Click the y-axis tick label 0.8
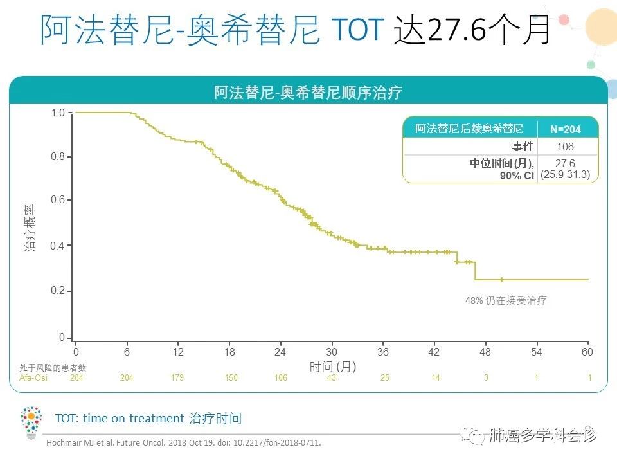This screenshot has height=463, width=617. point(58,157)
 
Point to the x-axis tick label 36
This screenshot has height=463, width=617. point(383,352)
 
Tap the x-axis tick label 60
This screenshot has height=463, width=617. point(586,352)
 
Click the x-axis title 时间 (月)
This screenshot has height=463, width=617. point(333,367)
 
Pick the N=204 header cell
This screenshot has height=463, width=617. point(565,129)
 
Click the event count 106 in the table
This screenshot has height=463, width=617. point(565,147)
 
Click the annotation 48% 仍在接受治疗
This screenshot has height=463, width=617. point(506,300)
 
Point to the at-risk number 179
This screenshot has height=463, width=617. point(177,377)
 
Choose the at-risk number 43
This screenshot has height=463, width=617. point(332,377)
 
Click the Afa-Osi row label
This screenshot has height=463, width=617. point(32,377)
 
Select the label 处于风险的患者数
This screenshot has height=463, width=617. point(53,368)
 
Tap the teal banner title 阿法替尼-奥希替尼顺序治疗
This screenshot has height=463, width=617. point(308,92)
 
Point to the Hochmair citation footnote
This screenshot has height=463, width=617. point(184,443)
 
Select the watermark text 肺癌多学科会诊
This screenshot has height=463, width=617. point(542,436)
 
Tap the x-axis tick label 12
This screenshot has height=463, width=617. point(178,352)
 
